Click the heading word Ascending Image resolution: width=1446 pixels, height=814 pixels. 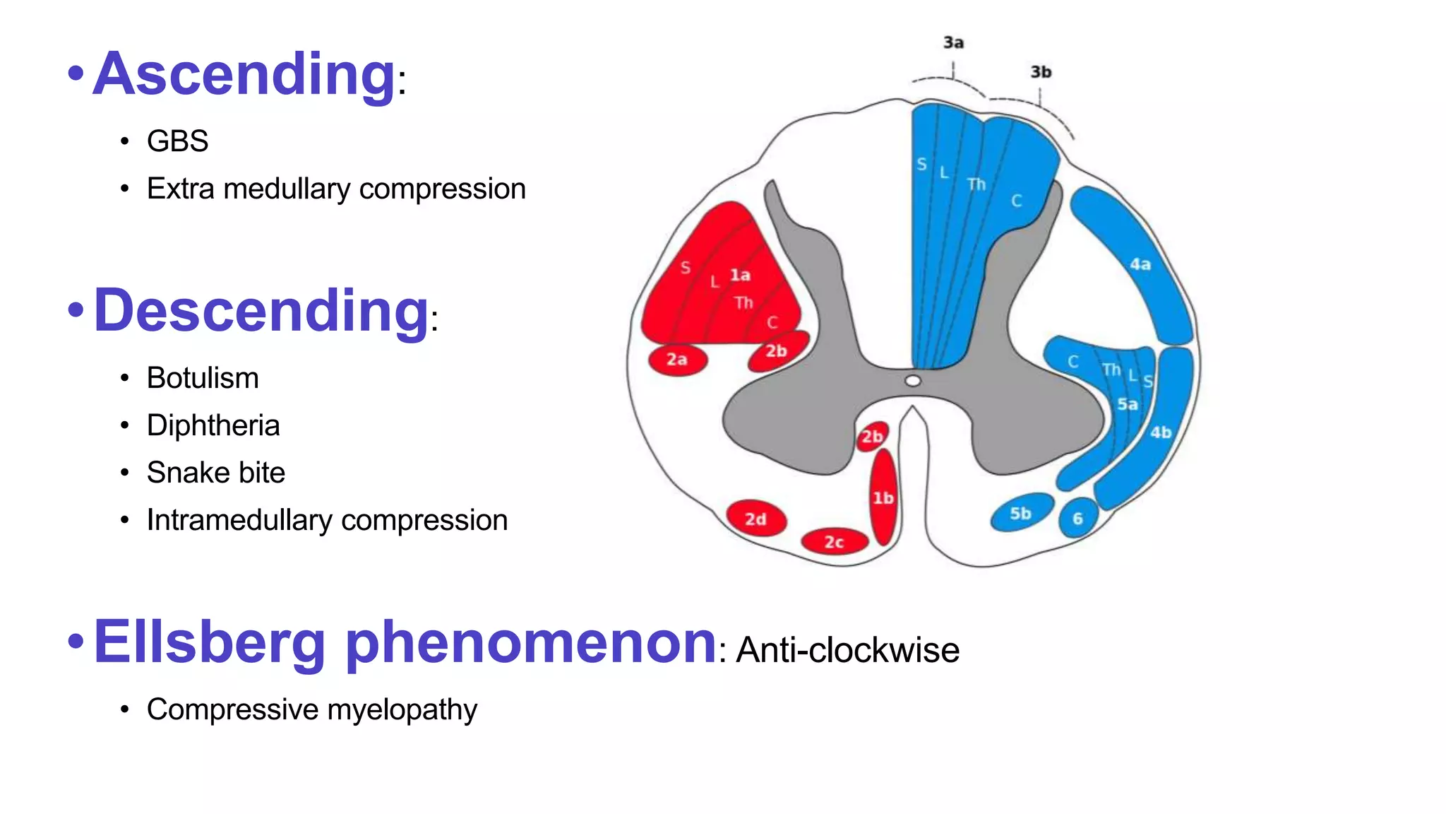click(244, 74)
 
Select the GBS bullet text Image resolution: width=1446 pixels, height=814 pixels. click(177, 141)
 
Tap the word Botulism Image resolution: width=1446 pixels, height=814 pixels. click(203, 378)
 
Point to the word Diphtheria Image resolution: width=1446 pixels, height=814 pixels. click(213, 425)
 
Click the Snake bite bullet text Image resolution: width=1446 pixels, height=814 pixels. click(216, 473)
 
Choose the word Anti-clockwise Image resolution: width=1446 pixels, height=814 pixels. click(847, 650)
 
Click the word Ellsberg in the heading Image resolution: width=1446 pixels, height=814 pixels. click(209, 642)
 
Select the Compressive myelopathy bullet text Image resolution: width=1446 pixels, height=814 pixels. click(311, 709)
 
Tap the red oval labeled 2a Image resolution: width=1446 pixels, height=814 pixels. click(677, 360)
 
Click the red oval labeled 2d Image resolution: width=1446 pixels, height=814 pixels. click(755, 519)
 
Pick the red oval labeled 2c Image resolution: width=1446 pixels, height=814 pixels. click(834, 542)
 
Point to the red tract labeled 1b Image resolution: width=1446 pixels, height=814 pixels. click(883, 497)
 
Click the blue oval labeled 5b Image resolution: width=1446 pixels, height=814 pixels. click(1021, 514)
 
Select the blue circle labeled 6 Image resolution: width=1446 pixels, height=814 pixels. click(1078, 519)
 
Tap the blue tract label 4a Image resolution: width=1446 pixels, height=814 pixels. click(1140, 264)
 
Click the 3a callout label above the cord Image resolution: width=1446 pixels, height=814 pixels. click(953, 43)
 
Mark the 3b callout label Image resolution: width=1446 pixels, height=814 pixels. click(1041, 72)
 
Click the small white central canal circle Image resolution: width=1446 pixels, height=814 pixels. click(913, 382)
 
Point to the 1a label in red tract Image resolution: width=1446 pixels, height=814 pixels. click(740, 275)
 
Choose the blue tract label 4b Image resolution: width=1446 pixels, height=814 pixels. click(1161, 432)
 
